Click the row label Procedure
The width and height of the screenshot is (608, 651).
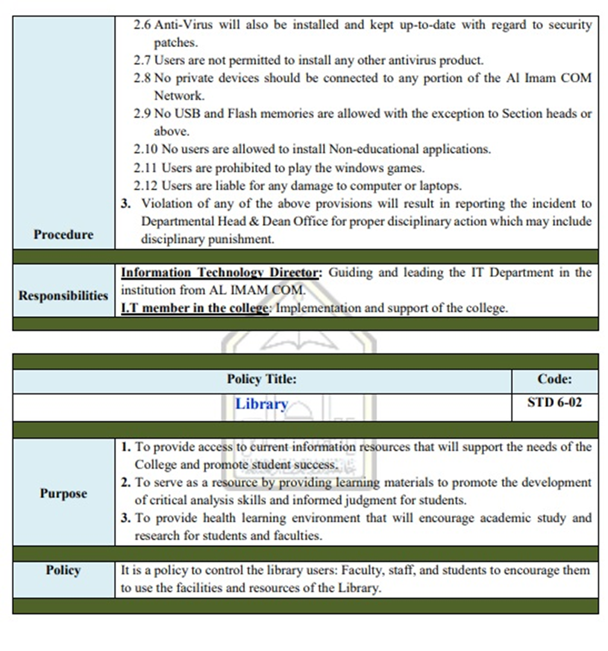point(63,234)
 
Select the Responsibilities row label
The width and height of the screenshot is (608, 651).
point(63,296)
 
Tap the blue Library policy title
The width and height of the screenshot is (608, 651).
point(262,404)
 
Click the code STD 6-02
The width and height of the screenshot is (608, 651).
point(554,402)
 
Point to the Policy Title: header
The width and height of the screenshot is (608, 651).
point(262,379)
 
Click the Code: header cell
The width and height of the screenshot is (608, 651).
point(554,379)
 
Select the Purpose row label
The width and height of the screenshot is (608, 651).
point(63,493)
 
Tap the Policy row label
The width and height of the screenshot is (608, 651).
point(63,570)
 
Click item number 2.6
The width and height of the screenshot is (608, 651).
point(142,25)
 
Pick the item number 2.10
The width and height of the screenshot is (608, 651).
point(145,149)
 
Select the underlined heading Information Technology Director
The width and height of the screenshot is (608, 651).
point(219,273)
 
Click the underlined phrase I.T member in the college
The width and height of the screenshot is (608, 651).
point(195,308)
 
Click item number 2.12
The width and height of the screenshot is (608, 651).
point(145,186)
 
